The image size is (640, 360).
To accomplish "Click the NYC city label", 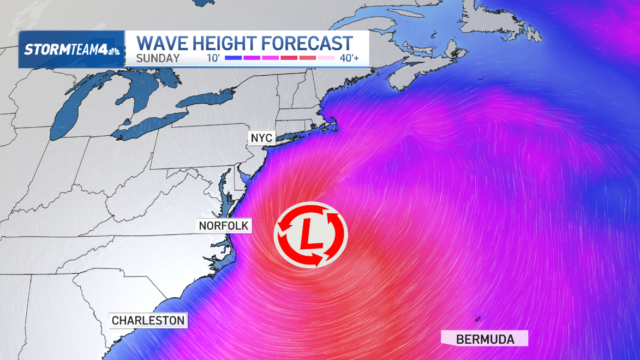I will pos(261,137).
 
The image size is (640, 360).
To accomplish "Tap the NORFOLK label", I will pos(223,225).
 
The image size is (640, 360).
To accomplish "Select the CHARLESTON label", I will pos(148,320).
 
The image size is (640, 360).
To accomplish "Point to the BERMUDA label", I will pos(485,339).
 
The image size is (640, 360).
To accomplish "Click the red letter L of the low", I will pos(310,236).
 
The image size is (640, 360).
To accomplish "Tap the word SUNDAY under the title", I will pos(158,58).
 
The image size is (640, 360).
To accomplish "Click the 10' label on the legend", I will pos(214,58).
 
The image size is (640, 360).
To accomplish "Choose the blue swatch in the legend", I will pos(233,58).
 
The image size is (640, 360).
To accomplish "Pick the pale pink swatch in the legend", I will pos(326,58).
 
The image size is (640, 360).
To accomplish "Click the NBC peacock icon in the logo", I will pos(113,51).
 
